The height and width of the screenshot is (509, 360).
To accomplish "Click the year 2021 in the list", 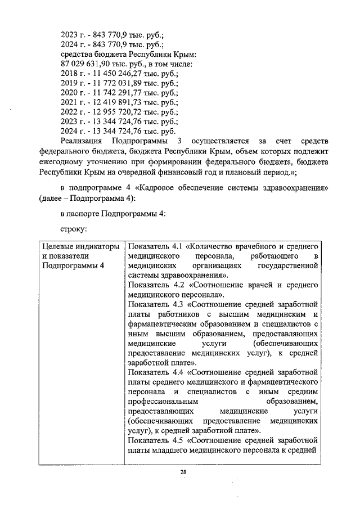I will (x=69, y=102).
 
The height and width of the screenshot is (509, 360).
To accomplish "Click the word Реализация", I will (x=81, y=141).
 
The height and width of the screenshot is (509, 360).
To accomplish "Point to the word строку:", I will (x=74, y=229).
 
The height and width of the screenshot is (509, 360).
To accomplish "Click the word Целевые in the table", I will (x=58, y=247).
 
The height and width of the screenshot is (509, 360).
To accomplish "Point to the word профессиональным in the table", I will (x=163, y=402).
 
